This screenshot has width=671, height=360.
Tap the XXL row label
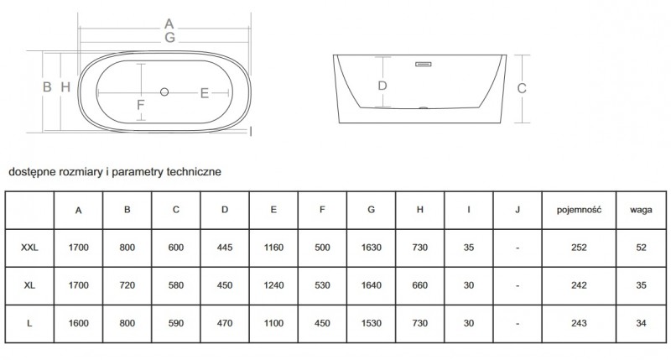tap(30, 248)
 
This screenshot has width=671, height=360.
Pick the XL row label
tap(30, 285)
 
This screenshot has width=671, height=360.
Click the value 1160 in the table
tap(273, 248)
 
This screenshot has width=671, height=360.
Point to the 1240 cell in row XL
tap(273, 285)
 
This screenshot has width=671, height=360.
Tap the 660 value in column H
tap(419, 285)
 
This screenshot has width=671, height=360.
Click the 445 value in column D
tap(225, 248)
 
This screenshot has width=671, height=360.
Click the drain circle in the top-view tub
tap(164, 91)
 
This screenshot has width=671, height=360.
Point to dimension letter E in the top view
tap(204, 93)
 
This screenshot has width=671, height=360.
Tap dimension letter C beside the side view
tap(521, 88)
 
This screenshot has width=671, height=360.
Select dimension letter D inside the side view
tap(382, 85)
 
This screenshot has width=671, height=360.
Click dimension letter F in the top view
tap(142, 105)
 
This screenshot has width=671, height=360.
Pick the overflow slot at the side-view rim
tap(422, 61)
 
